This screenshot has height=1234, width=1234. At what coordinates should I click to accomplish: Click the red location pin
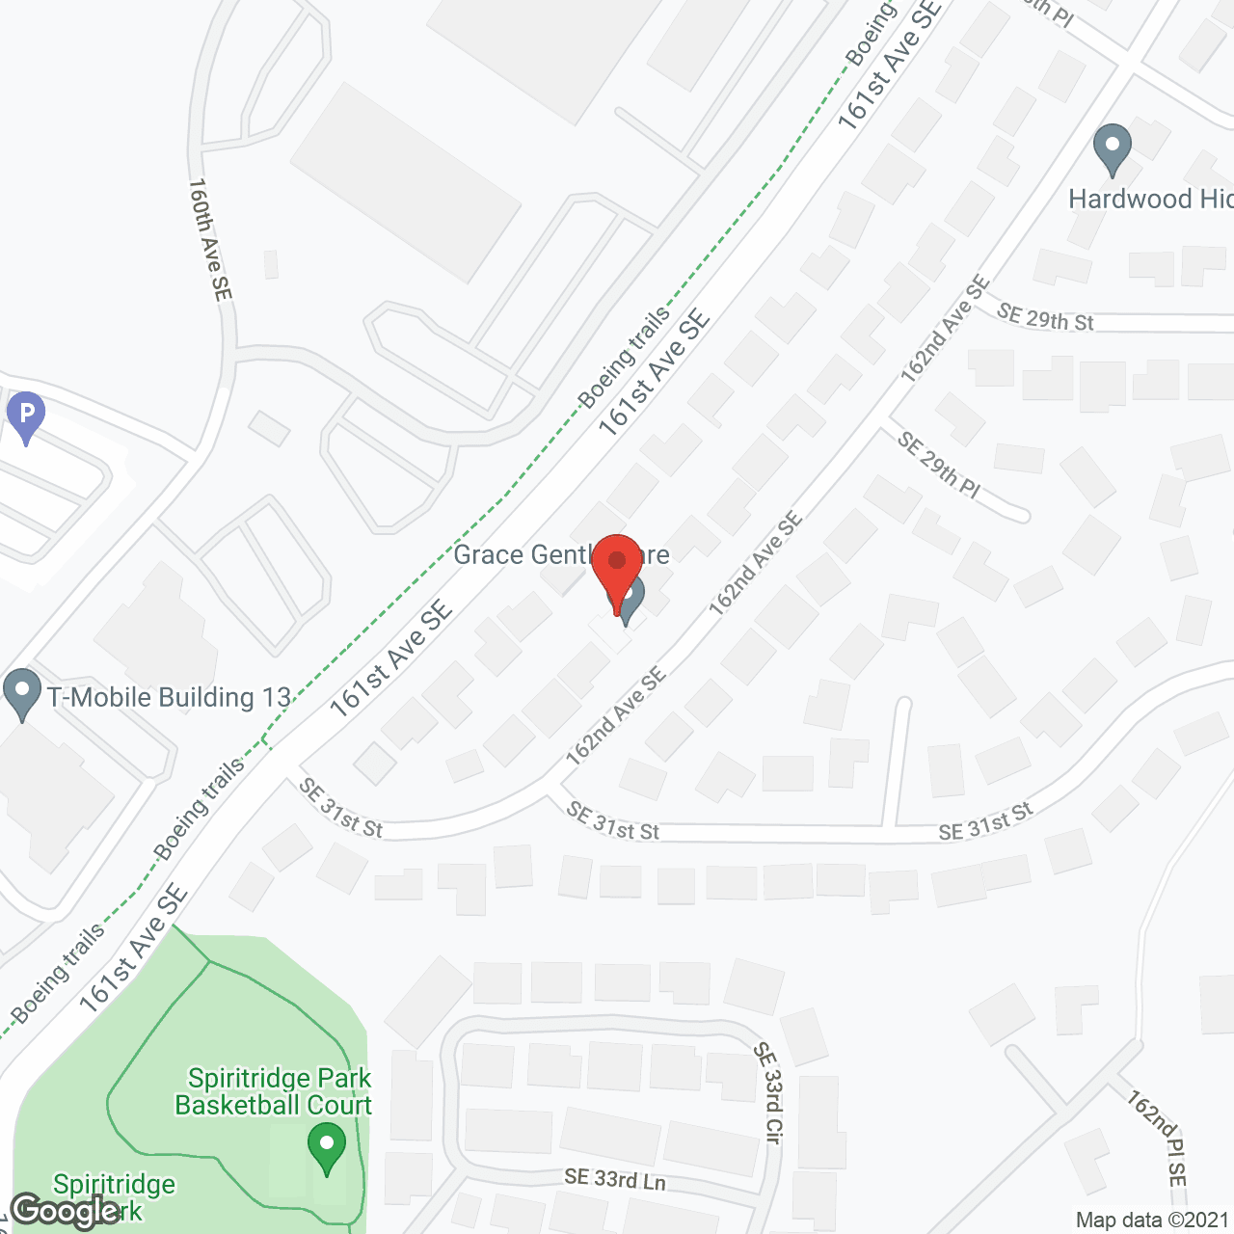point(617,564)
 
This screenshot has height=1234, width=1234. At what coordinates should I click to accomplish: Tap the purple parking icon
point(25,416)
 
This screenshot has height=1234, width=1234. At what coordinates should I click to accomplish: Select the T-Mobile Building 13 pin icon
point(22,694)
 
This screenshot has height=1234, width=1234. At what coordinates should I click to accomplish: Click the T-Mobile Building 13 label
point(170,697)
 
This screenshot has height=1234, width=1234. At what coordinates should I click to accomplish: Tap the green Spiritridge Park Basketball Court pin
point(327,1147)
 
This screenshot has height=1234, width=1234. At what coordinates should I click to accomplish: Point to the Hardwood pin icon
point(1113,149)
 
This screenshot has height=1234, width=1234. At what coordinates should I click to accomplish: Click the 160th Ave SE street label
point(210,238)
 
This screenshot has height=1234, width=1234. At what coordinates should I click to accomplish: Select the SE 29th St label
point(1045,317)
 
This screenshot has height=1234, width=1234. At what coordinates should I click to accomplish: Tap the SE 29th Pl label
point(938,465)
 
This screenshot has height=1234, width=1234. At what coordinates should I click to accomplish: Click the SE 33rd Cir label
point(767,1092)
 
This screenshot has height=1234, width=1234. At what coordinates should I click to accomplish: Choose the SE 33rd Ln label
point(615,1178)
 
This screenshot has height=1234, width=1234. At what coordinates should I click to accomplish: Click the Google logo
point(65,1211)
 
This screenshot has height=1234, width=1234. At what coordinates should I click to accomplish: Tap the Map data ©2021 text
point(1152,1220)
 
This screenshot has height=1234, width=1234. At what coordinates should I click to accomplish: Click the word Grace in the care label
point(488,554)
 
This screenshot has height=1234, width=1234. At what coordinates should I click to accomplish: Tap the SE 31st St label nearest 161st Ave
point(340,808)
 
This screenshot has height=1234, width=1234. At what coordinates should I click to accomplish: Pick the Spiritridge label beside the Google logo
point(114,1184)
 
